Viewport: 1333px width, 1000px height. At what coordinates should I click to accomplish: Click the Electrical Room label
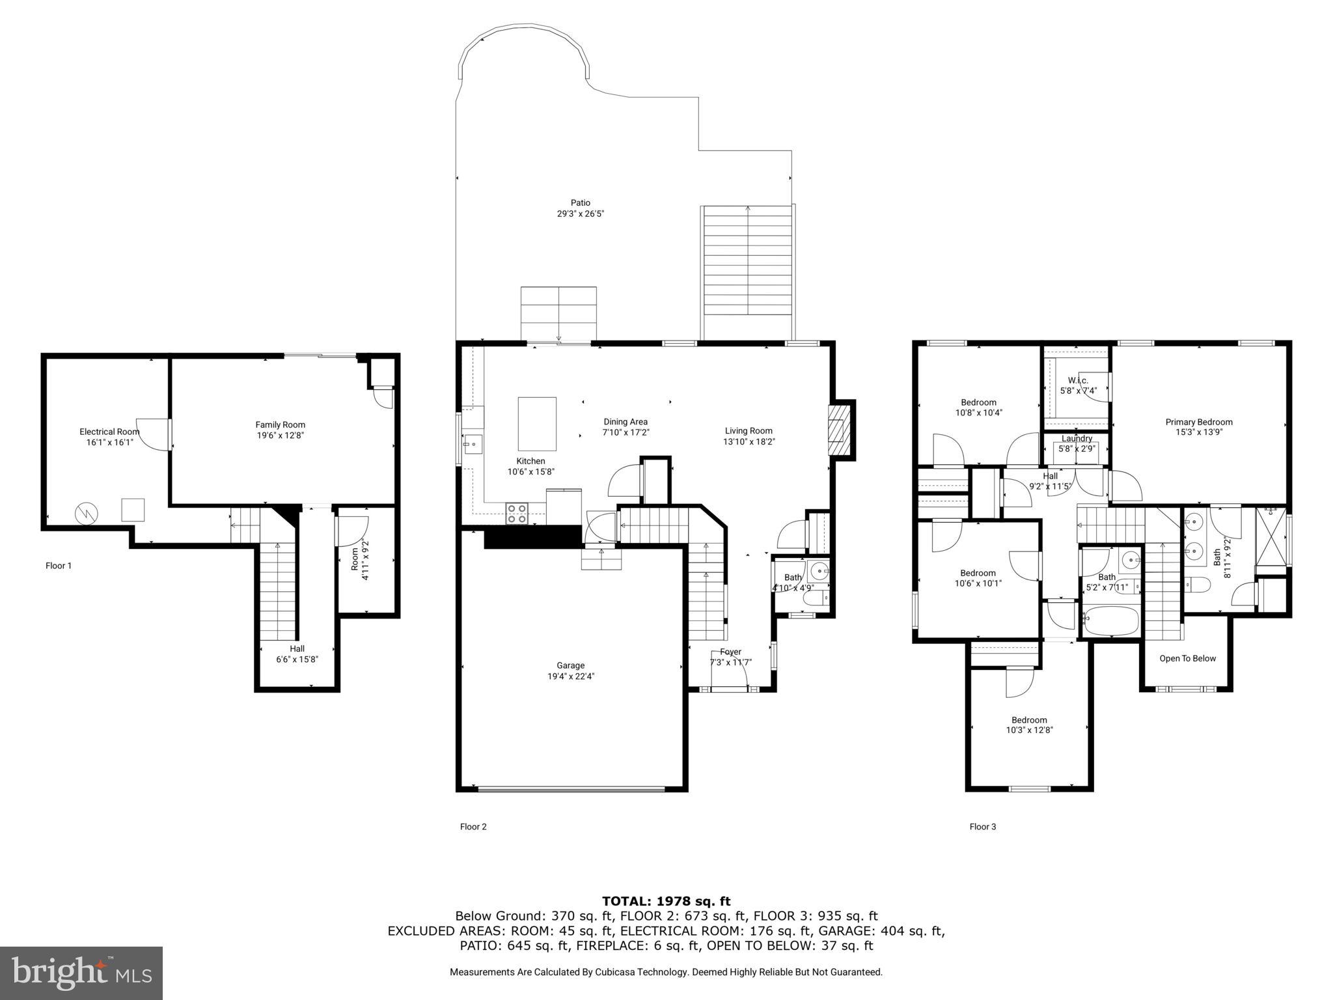[x=109, y=432]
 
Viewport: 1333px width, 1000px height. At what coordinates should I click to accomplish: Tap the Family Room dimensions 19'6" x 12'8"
[x=280, y=436]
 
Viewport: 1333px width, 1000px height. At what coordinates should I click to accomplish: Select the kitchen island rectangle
[x=537, y=424]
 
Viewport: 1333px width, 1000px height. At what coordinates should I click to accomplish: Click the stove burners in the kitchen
[x=517, y=514]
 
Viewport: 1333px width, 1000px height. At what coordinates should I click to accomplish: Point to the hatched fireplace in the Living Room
[x=839, y=430]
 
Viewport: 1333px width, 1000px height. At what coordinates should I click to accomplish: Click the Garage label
[x=570, y=665]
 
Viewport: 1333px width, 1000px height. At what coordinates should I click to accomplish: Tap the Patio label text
[x=580, y=203]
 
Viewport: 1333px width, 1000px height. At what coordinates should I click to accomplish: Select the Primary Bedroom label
[x=1198, y=422]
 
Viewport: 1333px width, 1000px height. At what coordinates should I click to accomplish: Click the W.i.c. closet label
[x=1078, y=380]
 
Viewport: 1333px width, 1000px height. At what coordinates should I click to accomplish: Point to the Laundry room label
[x=1077, y=439]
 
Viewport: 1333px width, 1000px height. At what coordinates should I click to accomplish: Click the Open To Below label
[x=1187, y=658]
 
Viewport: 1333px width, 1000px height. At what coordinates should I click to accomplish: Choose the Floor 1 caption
[x=59, y=566]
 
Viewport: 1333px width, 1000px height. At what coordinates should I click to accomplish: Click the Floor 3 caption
[x=982, y=827]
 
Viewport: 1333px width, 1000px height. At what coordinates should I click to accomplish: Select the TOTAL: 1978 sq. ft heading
[x=666, y=901]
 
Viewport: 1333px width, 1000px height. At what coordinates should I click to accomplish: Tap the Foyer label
[x=730, y=652]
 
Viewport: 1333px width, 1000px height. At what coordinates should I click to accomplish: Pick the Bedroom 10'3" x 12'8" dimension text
[x=1029, y=730]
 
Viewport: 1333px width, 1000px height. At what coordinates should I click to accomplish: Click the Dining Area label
[x=625, y=422]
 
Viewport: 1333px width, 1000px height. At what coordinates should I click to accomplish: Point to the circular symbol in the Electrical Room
[x=85, y=513]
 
